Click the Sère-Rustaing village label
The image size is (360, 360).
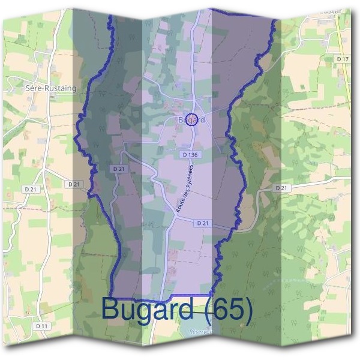coord(51,88)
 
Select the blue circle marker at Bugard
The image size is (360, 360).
coord(191,119)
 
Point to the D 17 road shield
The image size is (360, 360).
coord(343,59)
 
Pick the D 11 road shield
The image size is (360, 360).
coord(41,325)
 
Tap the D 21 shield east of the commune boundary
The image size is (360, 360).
coord(281,188)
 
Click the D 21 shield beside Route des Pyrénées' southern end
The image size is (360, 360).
coord(202,223)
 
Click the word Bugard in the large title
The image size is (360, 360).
coord(147,309)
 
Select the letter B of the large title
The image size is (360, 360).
coord(112,309)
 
